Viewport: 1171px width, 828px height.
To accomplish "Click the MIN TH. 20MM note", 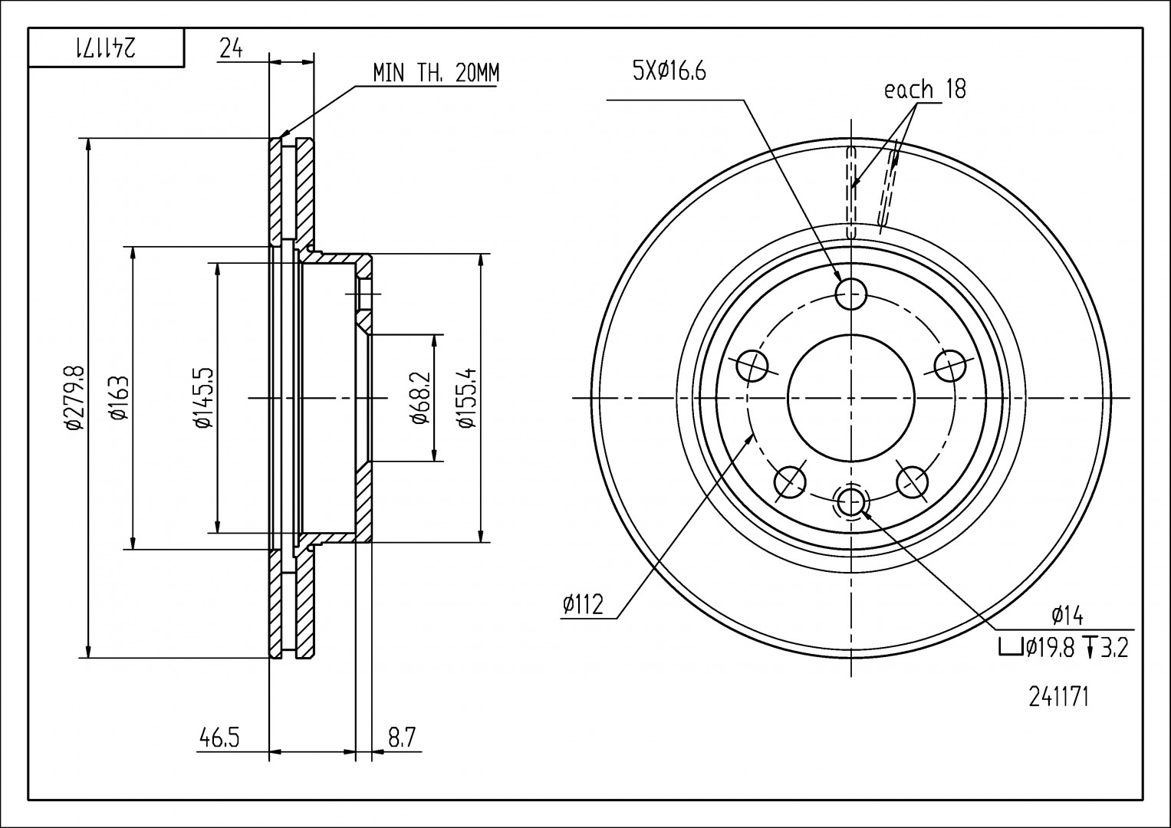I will coord(436,74).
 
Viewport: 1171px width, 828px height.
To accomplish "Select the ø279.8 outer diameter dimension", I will coord(74,398).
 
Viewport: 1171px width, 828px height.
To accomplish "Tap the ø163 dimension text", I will coord(118,398).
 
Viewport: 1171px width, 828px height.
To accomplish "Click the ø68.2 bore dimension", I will coord(419,398).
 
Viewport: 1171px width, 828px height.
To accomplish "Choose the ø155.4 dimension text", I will coord(465,398).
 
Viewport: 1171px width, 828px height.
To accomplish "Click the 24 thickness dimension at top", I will coord(232,49).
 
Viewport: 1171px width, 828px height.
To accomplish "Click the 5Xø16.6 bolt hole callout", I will coord(668,71).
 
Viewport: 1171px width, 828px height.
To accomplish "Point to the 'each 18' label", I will coord(925,90).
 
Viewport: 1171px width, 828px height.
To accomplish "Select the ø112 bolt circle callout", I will coord(583,605).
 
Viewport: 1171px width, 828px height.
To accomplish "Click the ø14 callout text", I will coord(1066,614).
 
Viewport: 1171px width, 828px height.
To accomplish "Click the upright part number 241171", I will coord(1058,698).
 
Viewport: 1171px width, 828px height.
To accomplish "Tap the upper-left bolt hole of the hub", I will coord(752,366).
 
